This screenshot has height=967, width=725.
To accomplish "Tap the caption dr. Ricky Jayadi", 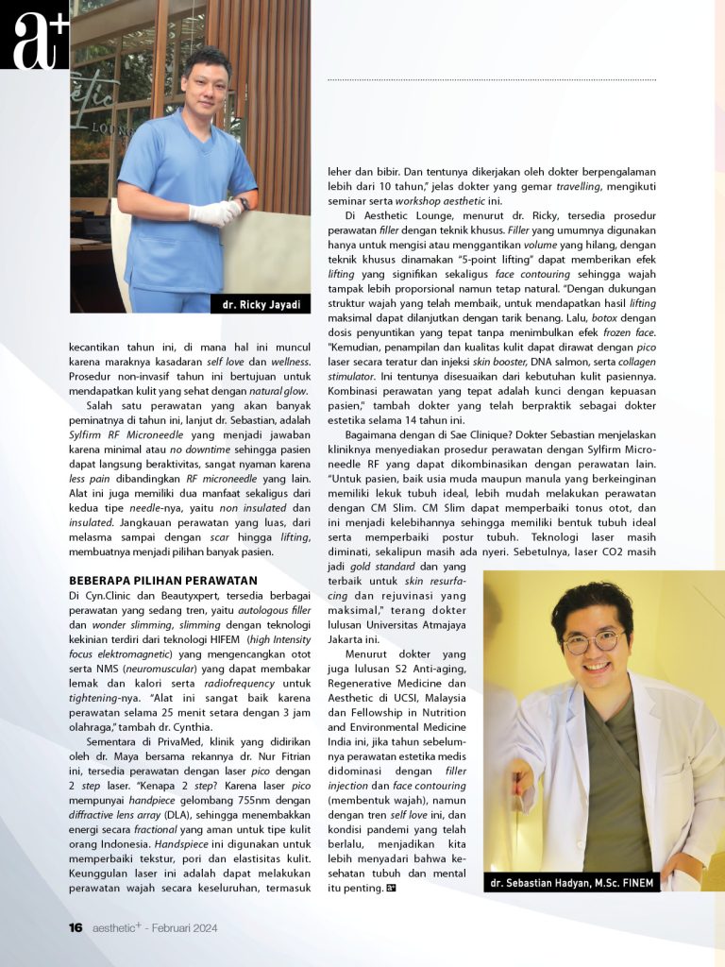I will click(x=261, y=305).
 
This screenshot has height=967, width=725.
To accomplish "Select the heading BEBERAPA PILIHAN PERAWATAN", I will click(x=162, y=579).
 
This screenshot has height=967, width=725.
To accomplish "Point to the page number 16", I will click(x=76, y=928).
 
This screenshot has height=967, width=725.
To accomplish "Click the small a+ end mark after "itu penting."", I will click(x=391, y=889).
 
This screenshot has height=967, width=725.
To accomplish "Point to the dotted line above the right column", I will click(x=491, y=80).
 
